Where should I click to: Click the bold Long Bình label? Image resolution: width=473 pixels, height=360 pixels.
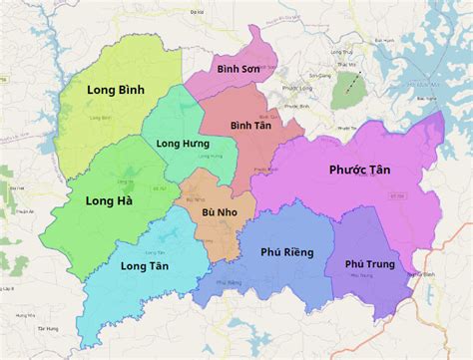click(x=115, y=90)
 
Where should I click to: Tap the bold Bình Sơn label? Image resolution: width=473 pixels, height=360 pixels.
click(x=237, y=68)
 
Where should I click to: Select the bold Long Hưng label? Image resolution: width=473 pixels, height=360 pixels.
click(x=183, y=144)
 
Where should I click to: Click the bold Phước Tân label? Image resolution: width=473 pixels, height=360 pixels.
click(x=359, y=171)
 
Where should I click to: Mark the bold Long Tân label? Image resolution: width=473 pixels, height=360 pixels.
click(x=144, y=266)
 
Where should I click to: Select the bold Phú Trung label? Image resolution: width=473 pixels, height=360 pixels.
click(x=369, y=264)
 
